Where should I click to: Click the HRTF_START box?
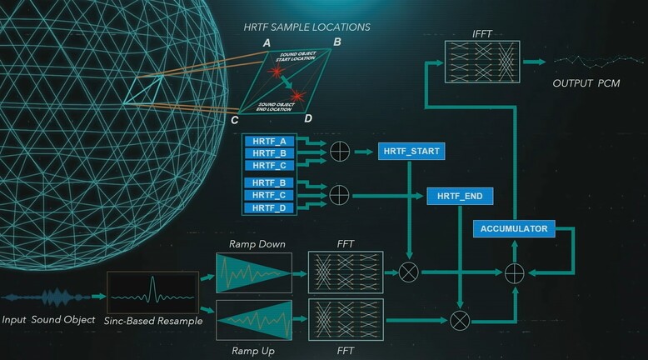pyautogui.click(x=410, y=152)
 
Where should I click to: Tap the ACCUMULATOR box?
pyautogui.click(x=514, y=227)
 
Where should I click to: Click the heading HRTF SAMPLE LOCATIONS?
pyautogui.click(x=307, y=27)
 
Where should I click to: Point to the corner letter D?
pyautogui.click(x=308, y=118)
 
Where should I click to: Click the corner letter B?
pyautogui.click(x=336, y=42)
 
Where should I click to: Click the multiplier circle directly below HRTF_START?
pyautogui.click(x=410, y=271)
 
